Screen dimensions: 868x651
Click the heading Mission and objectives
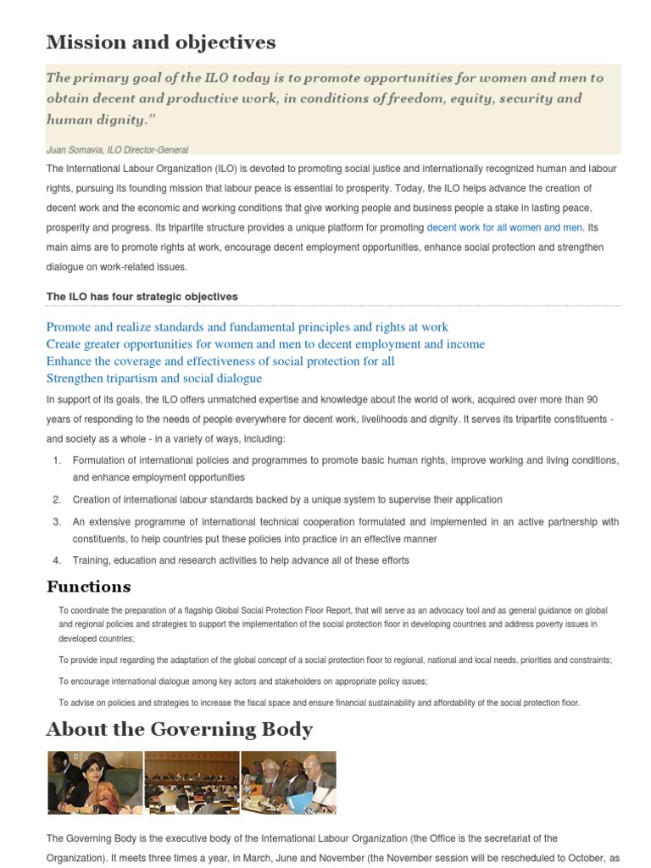(161, 42)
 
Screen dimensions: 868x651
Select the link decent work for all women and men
(504, 227)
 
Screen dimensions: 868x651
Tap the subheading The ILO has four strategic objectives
(142, 296)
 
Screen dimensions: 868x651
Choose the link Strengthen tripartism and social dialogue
(153, 378)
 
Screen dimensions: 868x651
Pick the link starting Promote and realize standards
(247, 327)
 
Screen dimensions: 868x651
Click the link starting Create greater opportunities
(265, 344)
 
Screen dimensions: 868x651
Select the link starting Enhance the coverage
(220, 361)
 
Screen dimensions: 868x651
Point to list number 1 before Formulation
(57, 460)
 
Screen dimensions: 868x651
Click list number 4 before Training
(57, 560)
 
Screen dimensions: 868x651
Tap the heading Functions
(88, 587)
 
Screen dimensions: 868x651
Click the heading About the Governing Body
(179, 729)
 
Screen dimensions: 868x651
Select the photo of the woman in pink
(94, 782)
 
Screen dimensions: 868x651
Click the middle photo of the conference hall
(192, 782)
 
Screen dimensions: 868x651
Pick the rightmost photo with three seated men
(288, 782)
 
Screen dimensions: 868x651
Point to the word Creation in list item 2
(93, 500)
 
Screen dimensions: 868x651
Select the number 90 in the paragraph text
(592, 399)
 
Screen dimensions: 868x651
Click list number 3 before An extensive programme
(57, 521)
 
